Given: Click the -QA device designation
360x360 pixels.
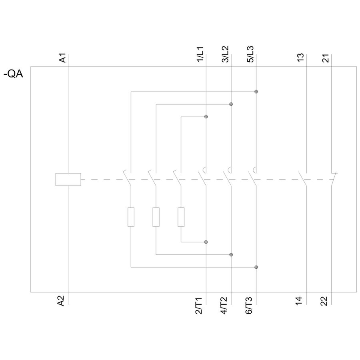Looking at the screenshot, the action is point(13,74).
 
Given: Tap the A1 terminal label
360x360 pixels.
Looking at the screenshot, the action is point(63,58).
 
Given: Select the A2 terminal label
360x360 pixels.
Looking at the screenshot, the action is point(61,301).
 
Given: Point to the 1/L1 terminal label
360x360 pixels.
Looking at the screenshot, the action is point(200,54).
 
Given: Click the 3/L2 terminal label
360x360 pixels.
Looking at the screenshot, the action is point(225,54).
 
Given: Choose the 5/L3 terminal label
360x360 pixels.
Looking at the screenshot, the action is point(250,54).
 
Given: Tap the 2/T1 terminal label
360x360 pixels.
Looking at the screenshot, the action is point(198,306).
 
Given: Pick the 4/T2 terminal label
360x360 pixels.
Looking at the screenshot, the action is point(224,306).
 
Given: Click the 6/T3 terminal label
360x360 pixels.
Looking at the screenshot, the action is point(249,306).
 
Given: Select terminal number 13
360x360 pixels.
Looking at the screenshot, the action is point(300,58).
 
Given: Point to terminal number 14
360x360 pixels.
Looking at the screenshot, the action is point(298,301).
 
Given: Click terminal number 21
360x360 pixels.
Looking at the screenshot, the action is point(326,58).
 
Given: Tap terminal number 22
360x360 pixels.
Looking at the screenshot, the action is point(324,301).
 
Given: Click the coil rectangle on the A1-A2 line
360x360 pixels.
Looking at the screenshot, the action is point(68,179).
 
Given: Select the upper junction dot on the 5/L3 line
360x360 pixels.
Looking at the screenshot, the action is point(256,92).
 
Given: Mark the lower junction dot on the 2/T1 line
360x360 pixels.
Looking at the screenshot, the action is point(206,242).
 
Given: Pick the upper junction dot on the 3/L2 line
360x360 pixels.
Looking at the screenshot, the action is point(231,104).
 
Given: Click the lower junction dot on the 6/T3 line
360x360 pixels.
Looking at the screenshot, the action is point(256,267).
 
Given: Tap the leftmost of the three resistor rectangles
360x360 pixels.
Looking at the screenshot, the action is point(131,217).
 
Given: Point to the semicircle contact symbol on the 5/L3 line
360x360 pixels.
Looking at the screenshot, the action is point(255,170).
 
